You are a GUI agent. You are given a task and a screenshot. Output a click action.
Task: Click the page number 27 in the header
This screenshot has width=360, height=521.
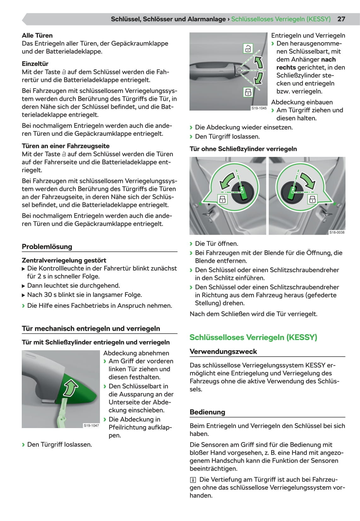click(x=341, y=19)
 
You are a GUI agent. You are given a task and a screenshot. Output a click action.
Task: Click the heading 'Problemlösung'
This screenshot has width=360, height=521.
click(x=47, y=247)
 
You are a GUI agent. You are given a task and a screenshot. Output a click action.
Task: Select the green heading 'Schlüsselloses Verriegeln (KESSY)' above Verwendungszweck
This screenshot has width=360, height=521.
click(x=253, y=337)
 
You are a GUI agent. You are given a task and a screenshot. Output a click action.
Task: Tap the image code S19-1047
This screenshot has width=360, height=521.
click(x=91, y=426)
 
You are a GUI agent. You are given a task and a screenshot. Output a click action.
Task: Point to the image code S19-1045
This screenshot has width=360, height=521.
click(x=259, y=108)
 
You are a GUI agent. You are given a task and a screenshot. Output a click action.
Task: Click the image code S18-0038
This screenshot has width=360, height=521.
click(x=337, y=232)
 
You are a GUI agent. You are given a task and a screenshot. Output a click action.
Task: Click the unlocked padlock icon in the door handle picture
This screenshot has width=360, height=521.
click(x=248, y=49)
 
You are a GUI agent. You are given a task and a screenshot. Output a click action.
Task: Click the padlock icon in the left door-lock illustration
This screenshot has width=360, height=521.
click(x=223, y=199)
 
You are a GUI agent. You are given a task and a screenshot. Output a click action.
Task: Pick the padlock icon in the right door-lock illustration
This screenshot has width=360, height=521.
click(x=312, y=199)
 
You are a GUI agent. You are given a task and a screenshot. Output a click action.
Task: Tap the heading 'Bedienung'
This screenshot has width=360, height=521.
click(x=207, y=412)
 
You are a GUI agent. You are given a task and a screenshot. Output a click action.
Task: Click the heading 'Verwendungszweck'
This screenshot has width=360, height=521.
click(x=223, y=352)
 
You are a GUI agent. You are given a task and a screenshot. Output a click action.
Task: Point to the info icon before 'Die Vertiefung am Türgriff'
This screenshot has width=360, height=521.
click(x=193, y=480)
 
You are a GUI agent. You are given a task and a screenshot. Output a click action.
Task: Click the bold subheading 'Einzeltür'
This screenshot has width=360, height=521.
click(x=35, y=64)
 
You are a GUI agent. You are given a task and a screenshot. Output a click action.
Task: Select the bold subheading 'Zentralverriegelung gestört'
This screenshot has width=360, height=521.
click(x=64, y=260)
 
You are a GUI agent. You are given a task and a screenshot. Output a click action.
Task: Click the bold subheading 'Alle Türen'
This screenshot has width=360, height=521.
click(x=37, y=36)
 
